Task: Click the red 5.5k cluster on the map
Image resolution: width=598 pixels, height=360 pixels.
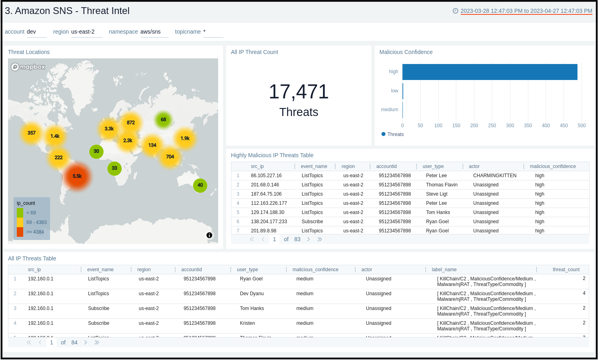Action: click(77, 176)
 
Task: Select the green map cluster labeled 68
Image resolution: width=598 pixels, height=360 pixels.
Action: click(163, 120)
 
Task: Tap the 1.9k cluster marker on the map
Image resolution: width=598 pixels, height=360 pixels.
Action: click(185, 138)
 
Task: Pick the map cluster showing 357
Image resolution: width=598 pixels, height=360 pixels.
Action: click(32, 133)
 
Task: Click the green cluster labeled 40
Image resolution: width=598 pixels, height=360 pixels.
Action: click(200, 185)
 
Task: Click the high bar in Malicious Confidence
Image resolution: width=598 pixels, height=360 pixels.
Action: click(490, 72)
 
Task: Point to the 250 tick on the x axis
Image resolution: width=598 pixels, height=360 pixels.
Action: click(492, 126)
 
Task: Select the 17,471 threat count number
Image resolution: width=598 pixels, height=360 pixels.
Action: click(299, 92)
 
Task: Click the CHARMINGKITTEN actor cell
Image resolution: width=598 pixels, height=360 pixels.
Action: click(495, 176)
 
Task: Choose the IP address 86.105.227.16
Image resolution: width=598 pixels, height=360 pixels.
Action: click(266, 176)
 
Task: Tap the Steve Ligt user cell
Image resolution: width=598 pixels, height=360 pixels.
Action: click(437, 194)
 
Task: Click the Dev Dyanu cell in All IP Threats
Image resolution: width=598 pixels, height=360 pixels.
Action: click(252, 294)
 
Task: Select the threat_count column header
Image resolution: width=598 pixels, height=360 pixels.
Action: click(566, 270)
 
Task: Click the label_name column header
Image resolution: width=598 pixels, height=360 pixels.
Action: click(444, 270)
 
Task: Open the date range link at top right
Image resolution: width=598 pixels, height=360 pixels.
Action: click(526, 11)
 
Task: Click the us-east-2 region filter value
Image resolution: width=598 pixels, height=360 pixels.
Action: click(83, 32)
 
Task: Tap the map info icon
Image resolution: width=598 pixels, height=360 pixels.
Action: click(209, 235)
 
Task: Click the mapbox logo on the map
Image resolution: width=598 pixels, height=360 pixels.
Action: click(28, 67)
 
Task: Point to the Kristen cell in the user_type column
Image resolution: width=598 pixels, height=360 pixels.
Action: click(247, 323)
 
